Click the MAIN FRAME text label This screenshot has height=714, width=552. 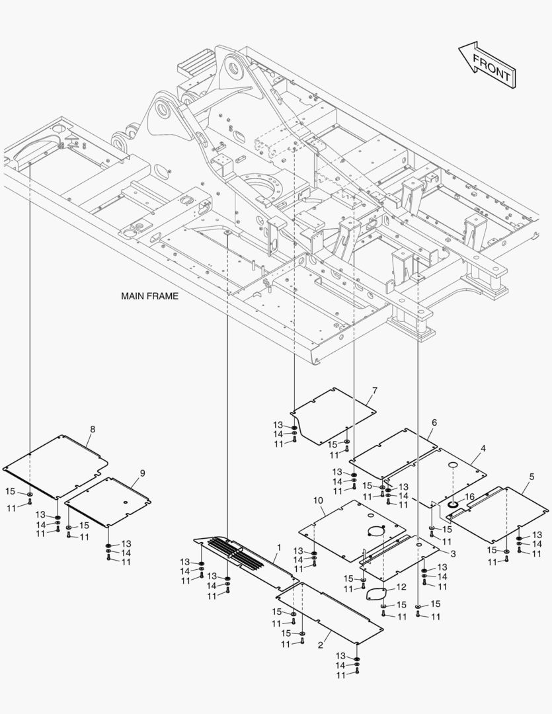[x=149, y=296]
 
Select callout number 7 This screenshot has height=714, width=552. [x=374, y=391]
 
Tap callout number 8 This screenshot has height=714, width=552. [x=92, y=429]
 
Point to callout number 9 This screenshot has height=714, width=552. [x=142, y=473]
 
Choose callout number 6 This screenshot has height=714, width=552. [x=434, y=422]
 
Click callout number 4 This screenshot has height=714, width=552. [x=483, y=448]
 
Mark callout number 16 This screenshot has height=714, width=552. [x=470, y=496]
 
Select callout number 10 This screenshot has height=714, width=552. [x=318, y=502]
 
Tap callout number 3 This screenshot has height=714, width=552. [x=453, y=553]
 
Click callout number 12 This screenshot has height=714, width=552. [x=401, y=587]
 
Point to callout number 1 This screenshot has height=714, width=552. [x=279, y=547]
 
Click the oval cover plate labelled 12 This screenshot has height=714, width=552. [x=377, y=593]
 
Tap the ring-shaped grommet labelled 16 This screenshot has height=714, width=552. [x=454, y=506]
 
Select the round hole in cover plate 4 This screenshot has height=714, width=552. [x=453, y=467]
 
